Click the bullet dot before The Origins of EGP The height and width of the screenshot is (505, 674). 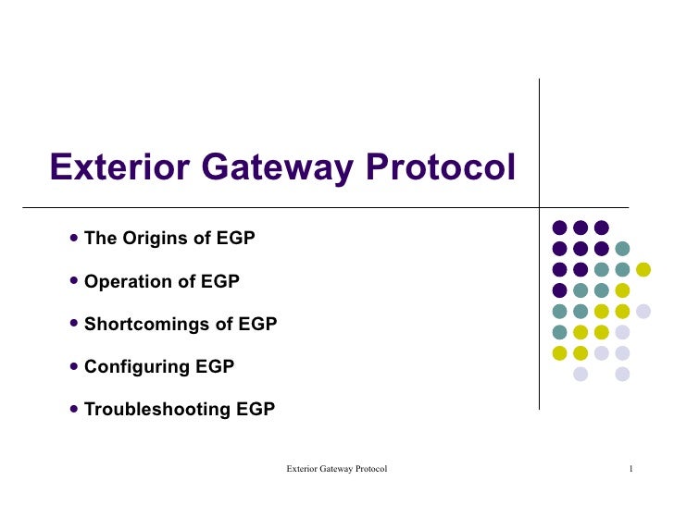pyautogui.click(x=74, y=239)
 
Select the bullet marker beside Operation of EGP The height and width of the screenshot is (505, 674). pyautogui.click(x=74, y=281)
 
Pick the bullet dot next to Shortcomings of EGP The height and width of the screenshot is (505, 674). pyautogui.click(x=74, y=324)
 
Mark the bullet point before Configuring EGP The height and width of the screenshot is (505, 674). pyautogui.click(x=74, y=366)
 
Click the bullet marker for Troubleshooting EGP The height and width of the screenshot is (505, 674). pyautogui.click(x=74, y=409)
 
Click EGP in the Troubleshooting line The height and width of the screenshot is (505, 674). pyautogui.click(x=256, y=409)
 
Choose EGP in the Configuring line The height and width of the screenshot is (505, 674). pyautogui.click(x=215, y=366)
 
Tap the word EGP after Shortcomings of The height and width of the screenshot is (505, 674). pyautogui.click(x=257, y=324)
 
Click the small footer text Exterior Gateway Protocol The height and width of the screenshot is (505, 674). pyautogui.click(x=336, y=470)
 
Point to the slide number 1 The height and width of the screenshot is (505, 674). pyautogui.click(x=630, y=470)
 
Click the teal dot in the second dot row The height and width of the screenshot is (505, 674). pyautogui.click(x=622, y=248)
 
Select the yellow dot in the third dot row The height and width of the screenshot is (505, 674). pyautogui.click(x=643, y=269)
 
